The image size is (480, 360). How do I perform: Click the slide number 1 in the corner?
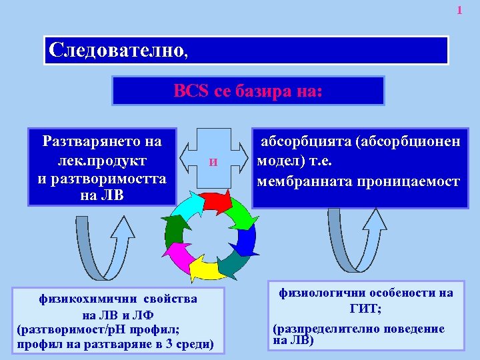[x=459, y=10]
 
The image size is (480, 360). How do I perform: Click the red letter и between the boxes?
[x=213, y=161]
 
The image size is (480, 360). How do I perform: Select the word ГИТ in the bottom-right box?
[x=364, y=309]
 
